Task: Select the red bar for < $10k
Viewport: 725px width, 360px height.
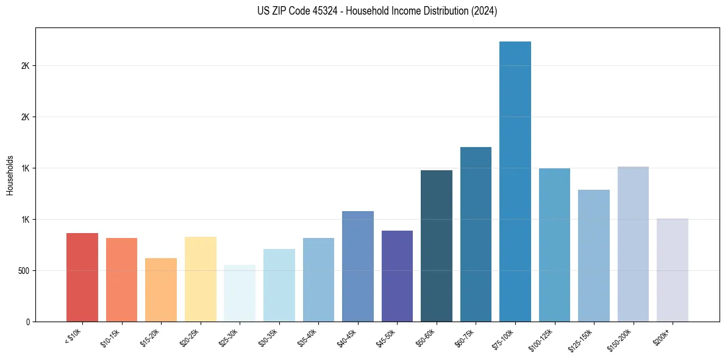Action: tap(82, 277)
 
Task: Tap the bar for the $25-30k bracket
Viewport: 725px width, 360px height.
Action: tap(240, 293)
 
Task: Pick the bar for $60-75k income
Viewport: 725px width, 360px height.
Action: tap(476, 234)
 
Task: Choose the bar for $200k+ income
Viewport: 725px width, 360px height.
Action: tap(673, 270)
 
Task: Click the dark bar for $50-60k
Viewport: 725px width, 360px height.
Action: tap(437, 246)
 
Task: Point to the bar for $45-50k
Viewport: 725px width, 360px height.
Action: tap(397, 276)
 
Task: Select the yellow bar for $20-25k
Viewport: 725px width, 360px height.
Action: tap(201, 279)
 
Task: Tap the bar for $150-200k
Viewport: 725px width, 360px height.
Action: tap(633, 244)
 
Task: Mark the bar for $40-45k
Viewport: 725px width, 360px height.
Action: tap(358, 266)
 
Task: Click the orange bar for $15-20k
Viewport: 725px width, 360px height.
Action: tap(161, 290)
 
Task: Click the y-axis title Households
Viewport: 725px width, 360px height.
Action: tap(10, 175)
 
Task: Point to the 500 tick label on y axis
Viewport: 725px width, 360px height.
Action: tap(24, 270)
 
